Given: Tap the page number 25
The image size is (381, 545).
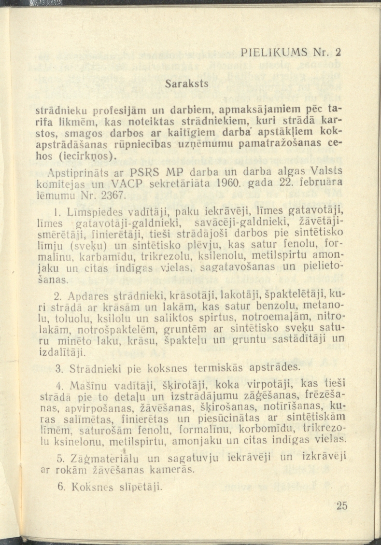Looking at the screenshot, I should [x=341, y=505].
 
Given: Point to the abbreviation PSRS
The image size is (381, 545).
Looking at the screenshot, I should [x=149, y=173].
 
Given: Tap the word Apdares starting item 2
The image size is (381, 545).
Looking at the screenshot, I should [x=85, y=294].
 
